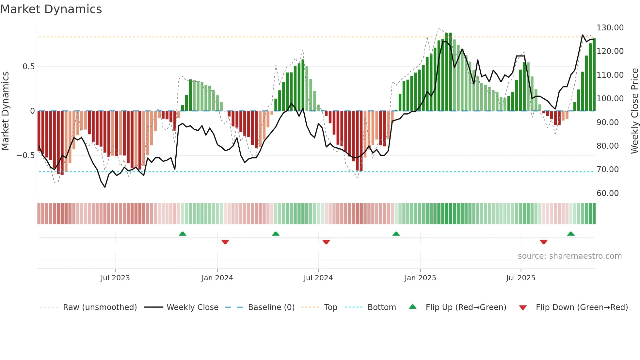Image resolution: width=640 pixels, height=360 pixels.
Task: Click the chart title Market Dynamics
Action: coord(51,9)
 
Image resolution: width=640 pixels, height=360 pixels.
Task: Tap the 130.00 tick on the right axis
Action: coord(610,28)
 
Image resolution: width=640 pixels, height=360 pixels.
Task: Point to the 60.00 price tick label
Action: coord(607,193)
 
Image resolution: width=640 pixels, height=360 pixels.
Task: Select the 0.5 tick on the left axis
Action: coord(28,67)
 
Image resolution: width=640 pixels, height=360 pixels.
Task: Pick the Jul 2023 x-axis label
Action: coord(115,278)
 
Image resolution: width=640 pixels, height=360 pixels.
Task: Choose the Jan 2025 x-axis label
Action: coord(420,278)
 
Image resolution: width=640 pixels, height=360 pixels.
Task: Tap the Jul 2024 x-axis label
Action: coord(318,278)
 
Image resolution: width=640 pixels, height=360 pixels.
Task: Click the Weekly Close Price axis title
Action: coord(634,111)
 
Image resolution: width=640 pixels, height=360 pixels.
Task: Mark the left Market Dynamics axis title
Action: coord(5,111)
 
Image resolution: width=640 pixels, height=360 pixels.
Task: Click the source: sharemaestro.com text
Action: coord(569,256)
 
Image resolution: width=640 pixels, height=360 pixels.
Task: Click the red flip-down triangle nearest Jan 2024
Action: coord(225,242)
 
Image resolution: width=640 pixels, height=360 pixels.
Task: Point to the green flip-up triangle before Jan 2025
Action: coord(396,234)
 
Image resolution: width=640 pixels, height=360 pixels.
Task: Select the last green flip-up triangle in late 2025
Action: coord(570,234)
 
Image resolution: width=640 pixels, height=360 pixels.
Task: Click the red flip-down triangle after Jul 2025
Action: coord(543,242)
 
